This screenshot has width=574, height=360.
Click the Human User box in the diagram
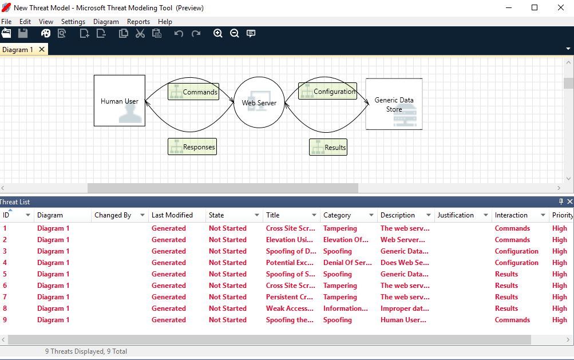click(x=119, y=101)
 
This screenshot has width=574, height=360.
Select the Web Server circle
click(x=259, y=103)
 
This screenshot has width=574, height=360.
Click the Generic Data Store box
click(x=394, y=104)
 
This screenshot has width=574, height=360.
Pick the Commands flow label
click(x=193, y=92)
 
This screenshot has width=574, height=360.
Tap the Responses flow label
click(x=192, y=147)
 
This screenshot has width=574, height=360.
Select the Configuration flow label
click(x=327, y=91)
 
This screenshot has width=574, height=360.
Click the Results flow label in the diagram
click(x=328, y=147)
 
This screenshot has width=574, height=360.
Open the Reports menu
click(x=138, y=22)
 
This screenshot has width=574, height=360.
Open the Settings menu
click(x=73, y=22)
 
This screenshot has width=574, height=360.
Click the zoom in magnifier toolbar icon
click(x=217, y=34)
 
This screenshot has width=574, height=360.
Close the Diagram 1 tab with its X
click(x=42, y=50)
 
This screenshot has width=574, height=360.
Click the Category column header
click(x=337, y=215)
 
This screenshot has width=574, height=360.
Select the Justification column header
click(x=456, y=215)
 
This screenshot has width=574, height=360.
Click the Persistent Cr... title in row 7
click(x=290, y=297)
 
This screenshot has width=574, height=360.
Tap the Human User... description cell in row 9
click(x=405, y=320)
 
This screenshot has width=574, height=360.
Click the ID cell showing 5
click(x=5, y=274)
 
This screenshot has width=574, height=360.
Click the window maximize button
click(x=535, y=7)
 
